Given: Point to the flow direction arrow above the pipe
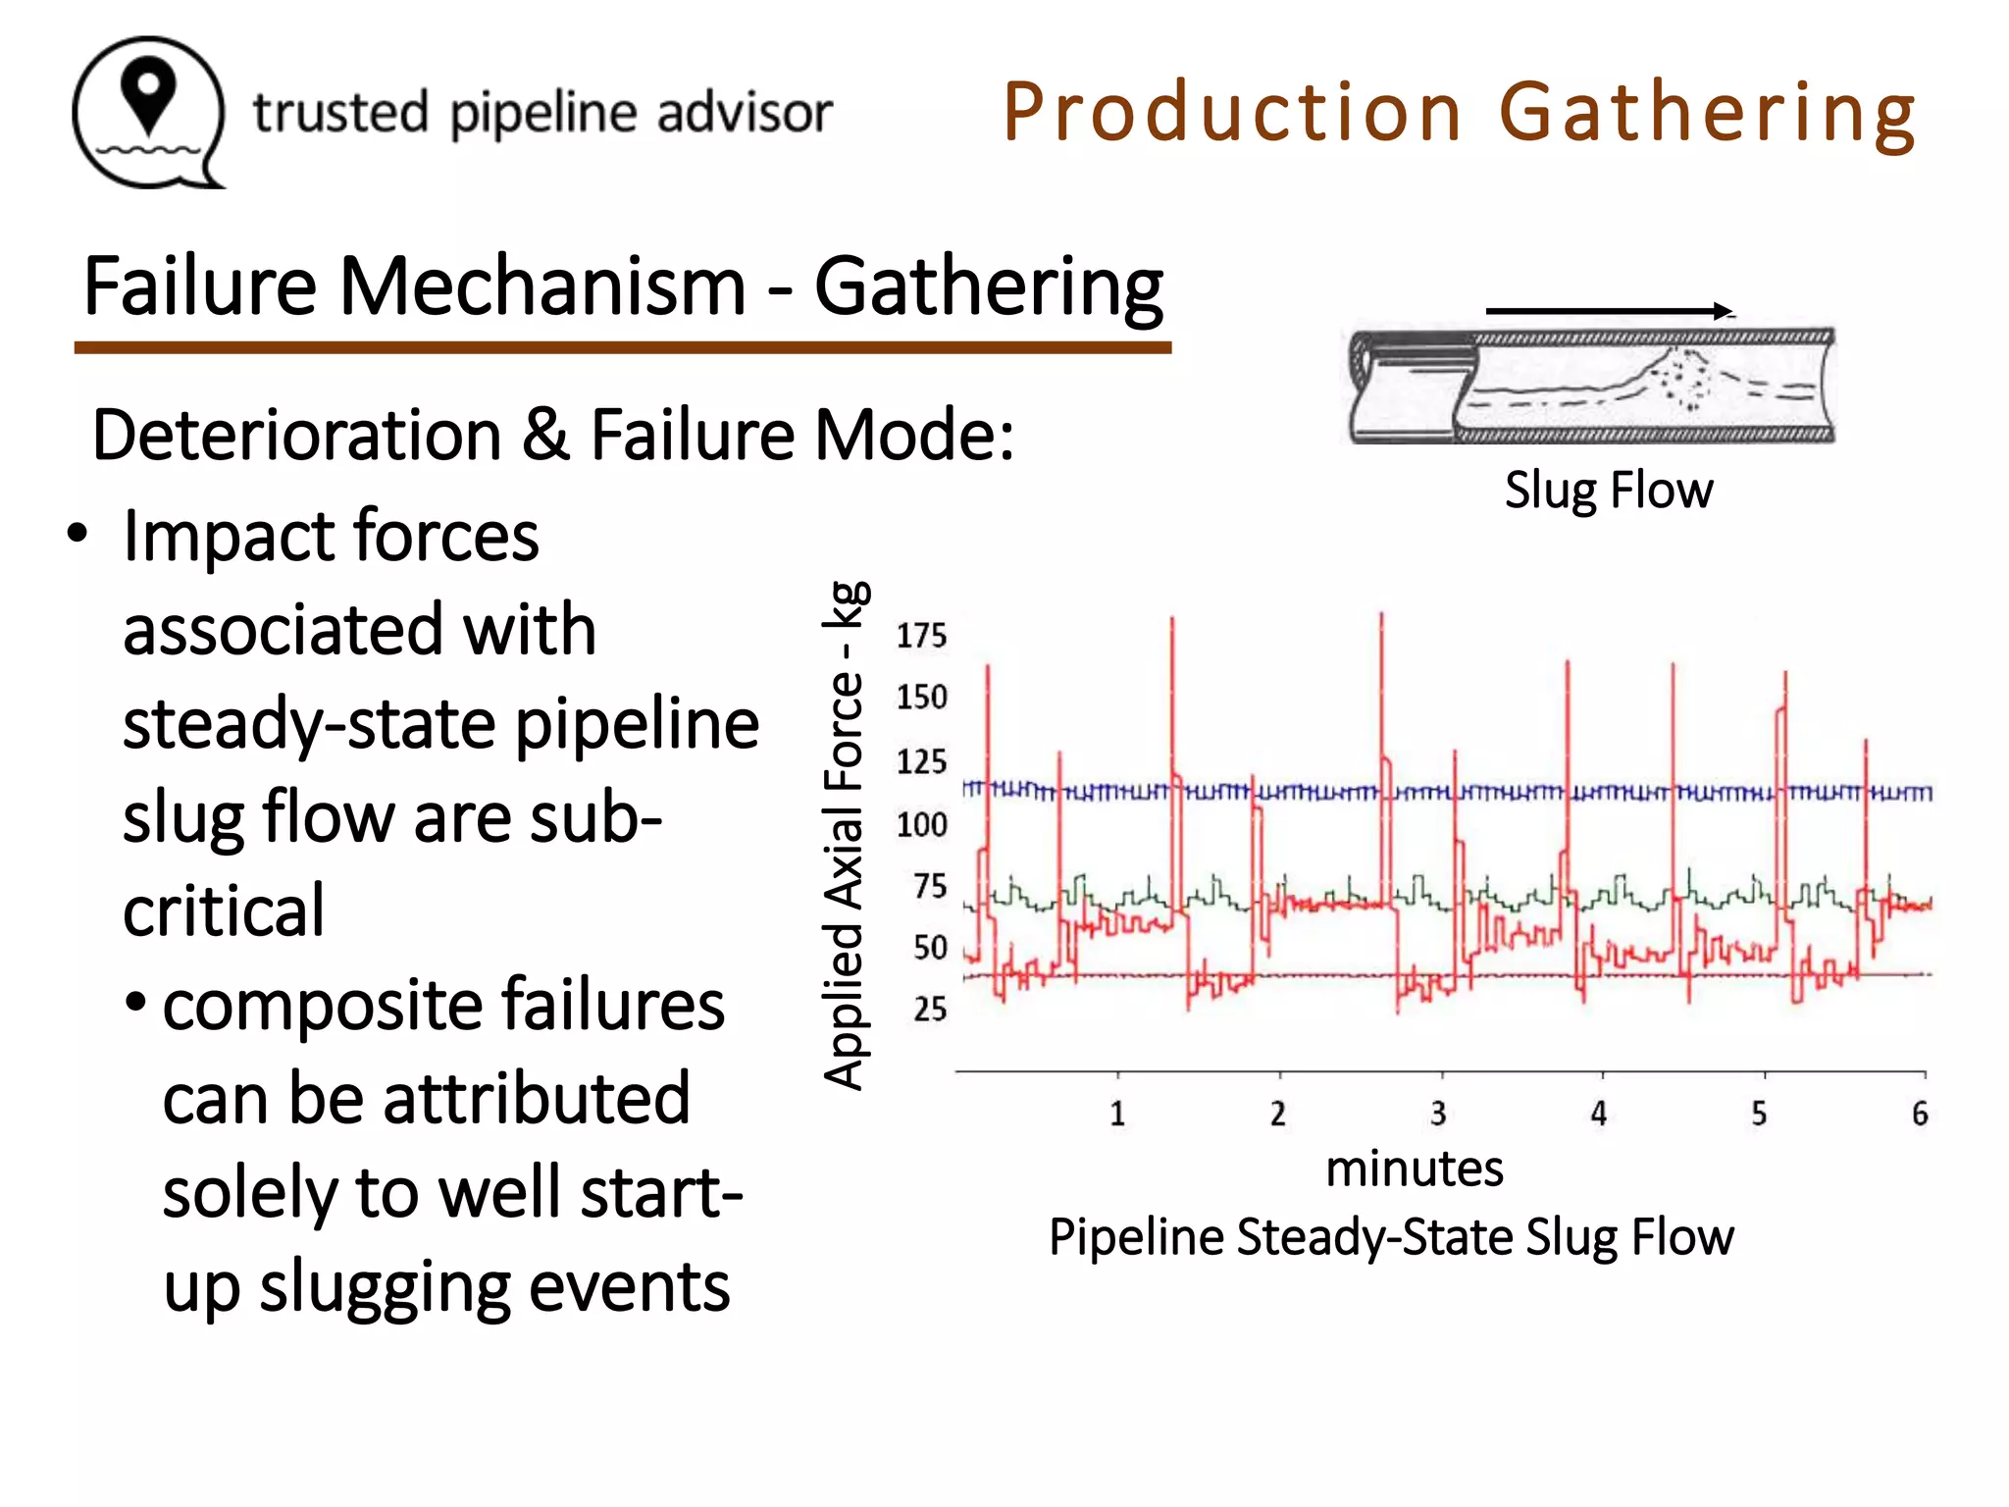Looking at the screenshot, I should coord(1610,311).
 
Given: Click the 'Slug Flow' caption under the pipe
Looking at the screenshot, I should coord(1609,490).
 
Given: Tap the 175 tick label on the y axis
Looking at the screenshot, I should coord(921,636).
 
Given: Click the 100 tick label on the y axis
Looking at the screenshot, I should coord(921,824).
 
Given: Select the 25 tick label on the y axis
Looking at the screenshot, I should coord(930,1009).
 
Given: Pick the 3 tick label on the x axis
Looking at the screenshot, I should coord(1438,1114).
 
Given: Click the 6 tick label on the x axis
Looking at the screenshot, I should coord(1920,1114).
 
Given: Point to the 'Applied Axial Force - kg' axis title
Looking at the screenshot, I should coord(845,835).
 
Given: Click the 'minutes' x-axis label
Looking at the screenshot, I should coord(1415,1169).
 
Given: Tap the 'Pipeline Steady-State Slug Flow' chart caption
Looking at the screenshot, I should coord(1391,1236).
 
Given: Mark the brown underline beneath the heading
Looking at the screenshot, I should coord(623,347).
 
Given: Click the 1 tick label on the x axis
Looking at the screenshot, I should coord(1117,1114).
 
